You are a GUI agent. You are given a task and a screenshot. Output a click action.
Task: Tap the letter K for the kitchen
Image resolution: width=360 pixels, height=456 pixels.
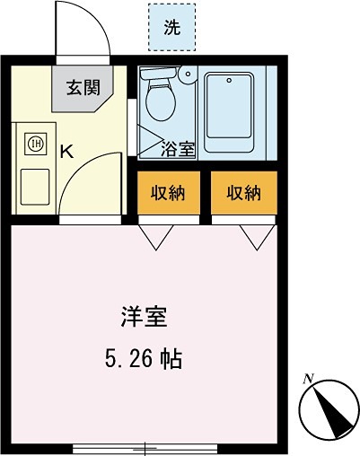[66, 151]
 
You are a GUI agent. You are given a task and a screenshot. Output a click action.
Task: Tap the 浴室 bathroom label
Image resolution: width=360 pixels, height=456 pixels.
[178, 149]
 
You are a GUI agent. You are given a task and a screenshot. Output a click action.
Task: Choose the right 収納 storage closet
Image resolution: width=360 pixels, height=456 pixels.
[243, 192]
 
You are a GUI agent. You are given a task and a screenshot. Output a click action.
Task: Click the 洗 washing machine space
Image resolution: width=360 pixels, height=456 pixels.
[171, 28]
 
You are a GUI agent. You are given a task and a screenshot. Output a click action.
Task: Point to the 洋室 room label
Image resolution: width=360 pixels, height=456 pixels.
[144, 317]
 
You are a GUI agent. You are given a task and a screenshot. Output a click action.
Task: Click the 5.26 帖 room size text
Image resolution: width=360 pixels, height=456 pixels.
[144, 360]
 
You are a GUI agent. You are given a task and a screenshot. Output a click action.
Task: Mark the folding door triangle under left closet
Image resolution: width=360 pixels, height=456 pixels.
[156, 235]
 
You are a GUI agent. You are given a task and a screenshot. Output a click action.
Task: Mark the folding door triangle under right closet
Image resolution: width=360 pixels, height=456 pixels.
[258, 235]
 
